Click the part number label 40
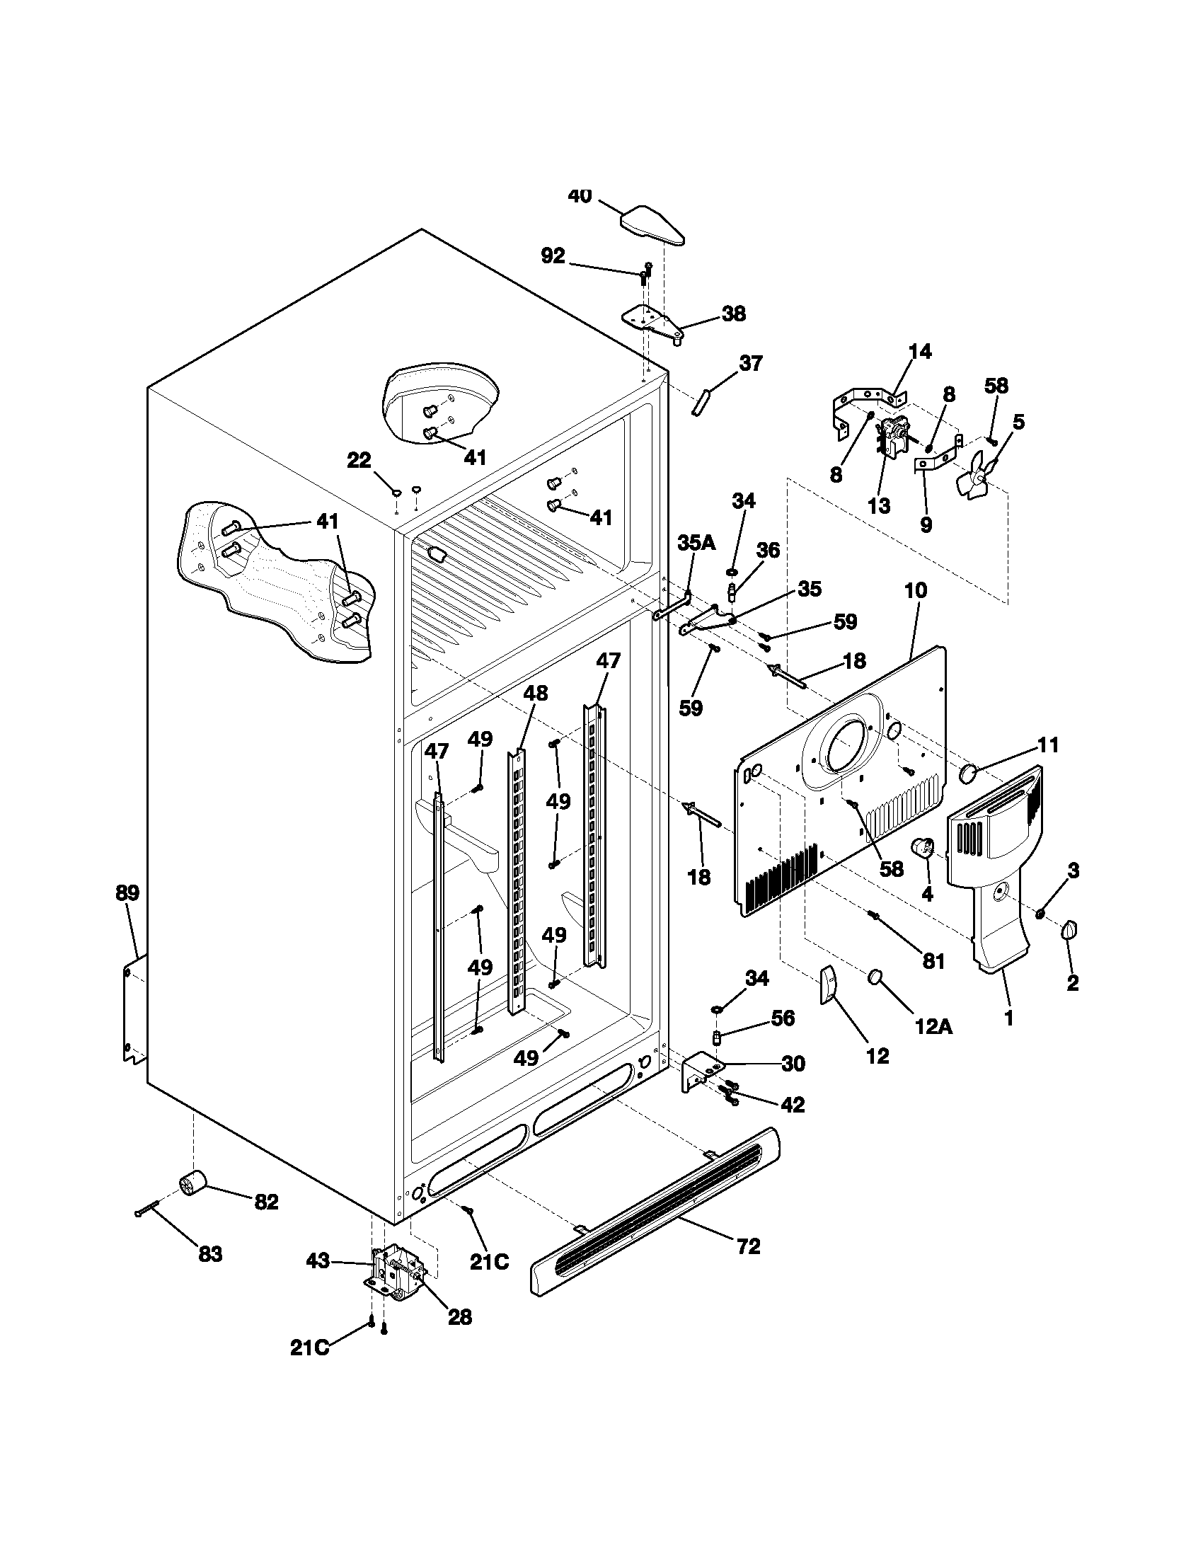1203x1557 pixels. [580, 196]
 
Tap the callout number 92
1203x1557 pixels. [553, 256]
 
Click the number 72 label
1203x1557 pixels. [748, 1246]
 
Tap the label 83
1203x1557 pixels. [210, 1254]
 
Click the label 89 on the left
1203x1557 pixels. [128, 892]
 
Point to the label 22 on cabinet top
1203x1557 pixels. [359, 461]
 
